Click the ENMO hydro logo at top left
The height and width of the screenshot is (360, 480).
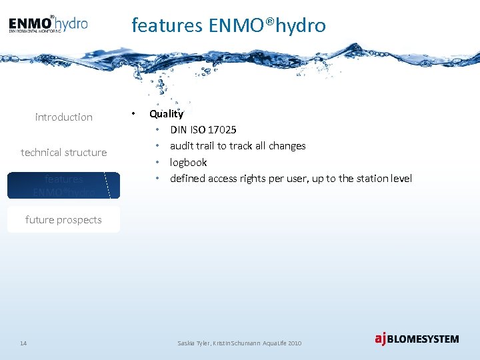(x=48, y=24)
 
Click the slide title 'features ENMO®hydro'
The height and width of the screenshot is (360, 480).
(x=229, y=25)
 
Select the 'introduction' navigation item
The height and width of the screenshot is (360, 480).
(x=64, y=117)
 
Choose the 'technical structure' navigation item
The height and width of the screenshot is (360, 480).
(x=64, y=153)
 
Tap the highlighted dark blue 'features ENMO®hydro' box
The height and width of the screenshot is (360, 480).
(x=64, y=185)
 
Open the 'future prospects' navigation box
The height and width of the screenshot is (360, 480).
(x=64, y=219)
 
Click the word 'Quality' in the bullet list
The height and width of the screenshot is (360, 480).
(x=166, y=114)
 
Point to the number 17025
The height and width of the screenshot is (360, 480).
(x=221, y=129)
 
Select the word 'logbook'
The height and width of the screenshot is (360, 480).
(x=188, y=162)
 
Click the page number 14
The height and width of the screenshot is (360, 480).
(x=23, y=343)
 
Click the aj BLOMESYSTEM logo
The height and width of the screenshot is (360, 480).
(x=417, y=339)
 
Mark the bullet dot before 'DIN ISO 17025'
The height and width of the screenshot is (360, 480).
(x=157, y=129)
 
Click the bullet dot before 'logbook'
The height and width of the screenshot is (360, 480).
(x=157, y=162)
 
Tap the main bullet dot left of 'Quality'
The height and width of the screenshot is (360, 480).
(x=134, y=114)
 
